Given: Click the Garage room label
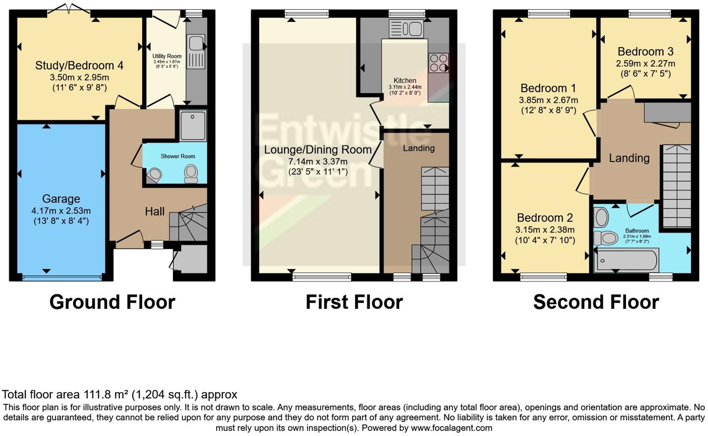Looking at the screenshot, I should point(61,199).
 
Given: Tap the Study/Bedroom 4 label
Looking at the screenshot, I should point(79,66).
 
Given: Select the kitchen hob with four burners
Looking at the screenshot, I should point(438,63).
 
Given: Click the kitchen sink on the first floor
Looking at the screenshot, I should point(406,29).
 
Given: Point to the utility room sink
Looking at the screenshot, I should point(196,44).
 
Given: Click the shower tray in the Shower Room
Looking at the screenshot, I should point(193,125).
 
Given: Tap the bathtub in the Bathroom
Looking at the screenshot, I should point(627,260).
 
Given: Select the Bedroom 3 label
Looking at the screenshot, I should point(645,52).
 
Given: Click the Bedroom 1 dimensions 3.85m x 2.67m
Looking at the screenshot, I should point(548,100).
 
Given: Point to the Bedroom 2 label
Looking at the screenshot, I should point(545,218).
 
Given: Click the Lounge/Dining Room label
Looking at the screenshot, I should point(318,150).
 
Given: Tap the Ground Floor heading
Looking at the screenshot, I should point(112,302).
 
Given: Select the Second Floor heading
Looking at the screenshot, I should point(596,302).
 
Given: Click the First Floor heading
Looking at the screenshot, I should point(354,302).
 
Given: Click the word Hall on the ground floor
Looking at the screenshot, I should point(155,211).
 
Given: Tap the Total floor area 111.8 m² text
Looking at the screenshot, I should point(120,395).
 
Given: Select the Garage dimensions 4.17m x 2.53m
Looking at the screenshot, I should point(61,211).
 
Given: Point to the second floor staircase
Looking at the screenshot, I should point(676,186).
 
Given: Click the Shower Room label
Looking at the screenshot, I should point(178,156).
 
